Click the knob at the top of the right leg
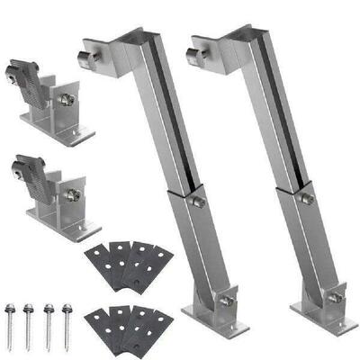point(196,61)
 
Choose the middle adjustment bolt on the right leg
point(306,197)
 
